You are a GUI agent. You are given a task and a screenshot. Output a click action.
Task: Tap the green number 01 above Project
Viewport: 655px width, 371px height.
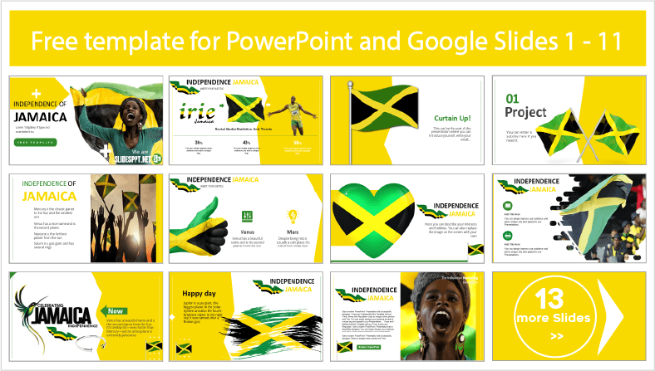(514, 98)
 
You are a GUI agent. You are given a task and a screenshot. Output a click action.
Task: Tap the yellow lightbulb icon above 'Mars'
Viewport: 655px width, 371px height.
(292, 214)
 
